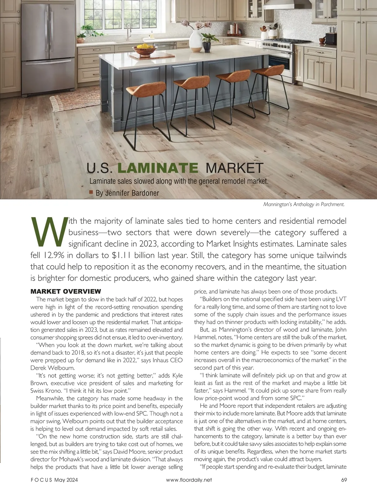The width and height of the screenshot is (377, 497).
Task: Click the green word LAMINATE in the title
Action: tap(157, 168)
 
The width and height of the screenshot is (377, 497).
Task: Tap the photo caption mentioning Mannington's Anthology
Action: tap(304, 204)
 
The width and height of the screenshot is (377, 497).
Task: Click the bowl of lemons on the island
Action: tap(145, 49)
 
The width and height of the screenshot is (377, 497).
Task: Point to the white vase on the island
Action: tap(196, 40)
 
